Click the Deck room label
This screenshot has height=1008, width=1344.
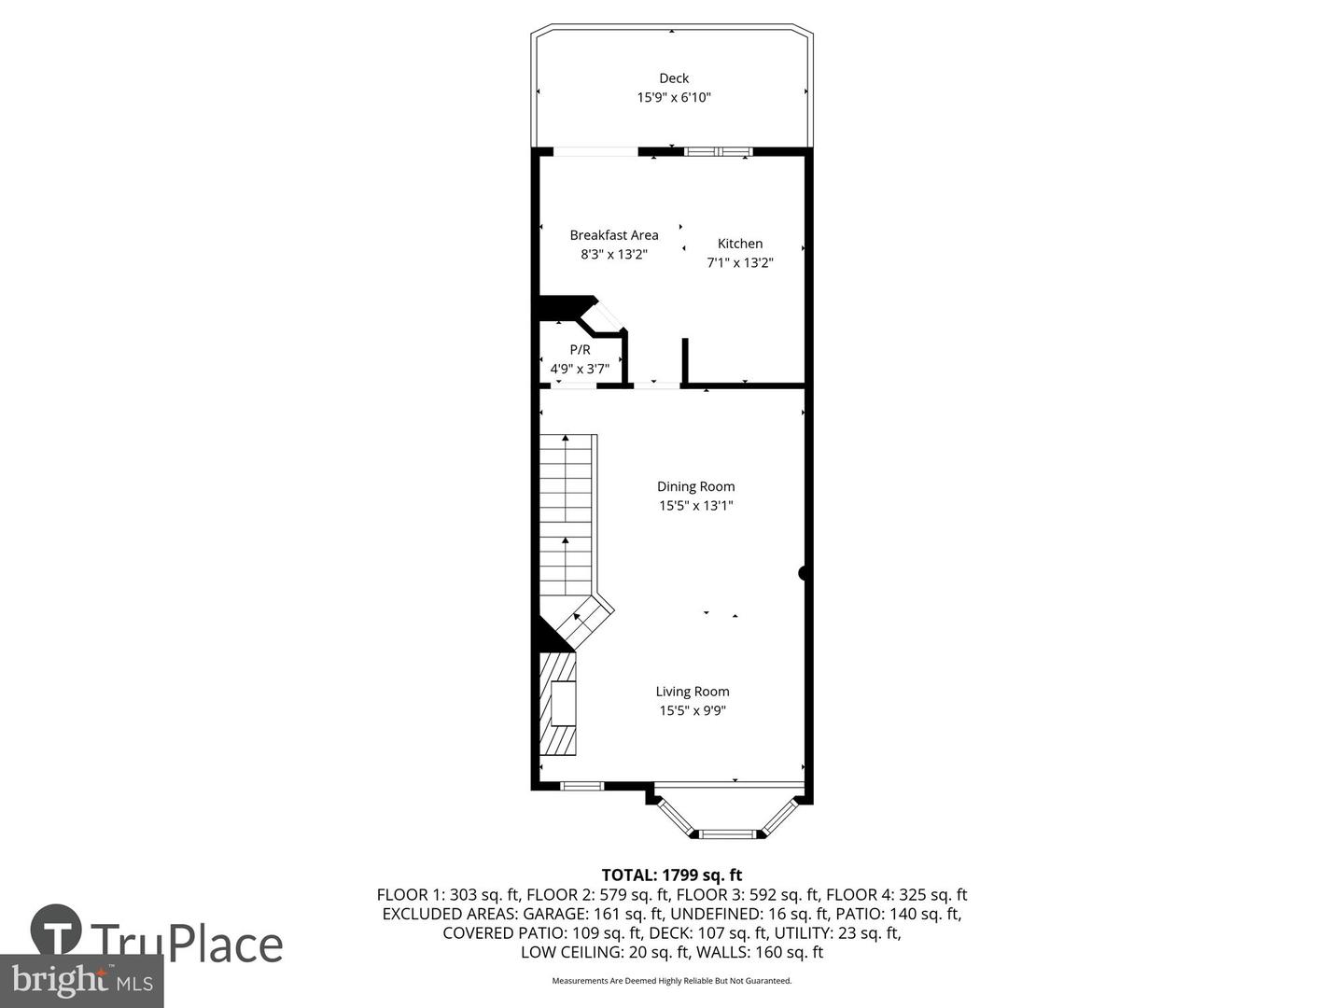tap(673, 78)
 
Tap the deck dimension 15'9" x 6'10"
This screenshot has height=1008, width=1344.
tap(673, 97)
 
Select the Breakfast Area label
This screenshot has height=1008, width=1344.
tap(613, 235)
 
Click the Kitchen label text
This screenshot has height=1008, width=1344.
tap(739, 244)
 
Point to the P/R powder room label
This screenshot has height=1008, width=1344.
tap(580, 350)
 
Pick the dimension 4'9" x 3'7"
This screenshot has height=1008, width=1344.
tap(580, 369)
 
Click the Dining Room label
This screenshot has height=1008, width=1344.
tap(695, 486)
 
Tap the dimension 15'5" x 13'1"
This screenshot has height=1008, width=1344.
tap(695, 506)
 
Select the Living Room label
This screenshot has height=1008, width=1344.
tap(692, 692)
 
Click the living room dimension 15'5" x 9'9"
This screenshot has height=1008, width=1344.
tap(692, 711)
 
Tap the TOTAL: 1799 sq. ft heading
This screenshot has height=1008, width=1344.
tap(671, 875)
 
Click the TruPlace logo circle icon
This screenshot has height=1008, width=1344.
tap(56, 931)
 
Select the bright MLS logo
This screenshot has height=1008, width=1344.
tap(82, 981)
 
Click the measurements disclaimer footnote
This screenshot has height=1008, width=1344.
tap(671, 981)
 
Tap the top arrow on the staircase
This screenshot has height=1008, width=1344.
tap(566, 438)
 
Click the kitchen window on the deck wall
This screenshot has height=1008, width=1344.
tap(718, 151)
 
